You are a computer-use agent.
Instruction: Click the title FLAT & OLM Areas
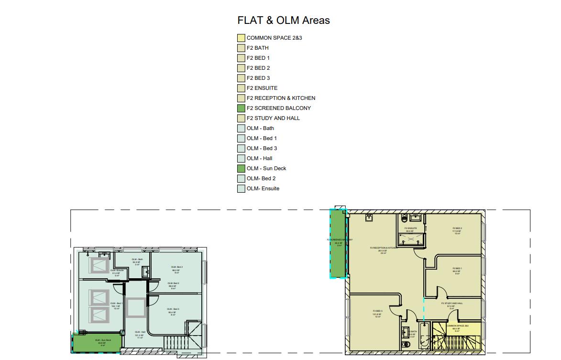click(284, 21)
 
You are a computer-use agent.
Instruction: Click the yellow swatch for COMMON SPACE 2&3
click(241, 38)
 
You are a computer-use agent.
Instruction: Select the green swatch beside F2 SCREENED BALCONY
click(241, 108)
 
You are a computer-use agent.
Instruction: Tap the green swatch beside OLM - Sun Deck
click(241, 168)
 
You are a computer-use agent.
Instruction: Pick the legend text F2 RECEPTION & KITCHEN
click(281, 98)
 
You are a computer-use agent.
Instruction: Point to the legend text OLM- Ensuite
click(263, 188)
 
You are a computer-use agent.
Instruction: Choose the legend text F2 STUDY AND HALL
click(273, 118)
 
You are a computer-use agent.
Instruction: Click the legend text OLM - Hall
click(260, 158)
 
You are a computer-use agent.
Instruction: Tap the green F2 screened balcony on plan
click(339, 244)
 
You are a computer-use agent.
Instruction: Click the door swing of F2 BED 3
click(396, 309)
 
